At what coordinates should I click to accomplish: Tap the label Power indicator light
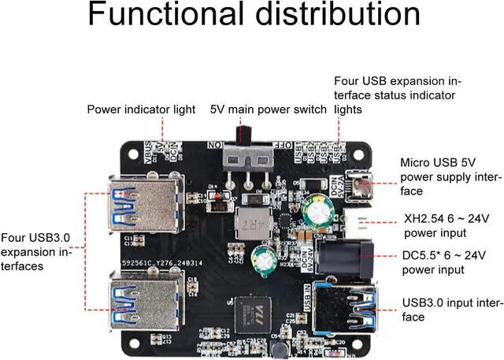[x=141, y=109]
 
